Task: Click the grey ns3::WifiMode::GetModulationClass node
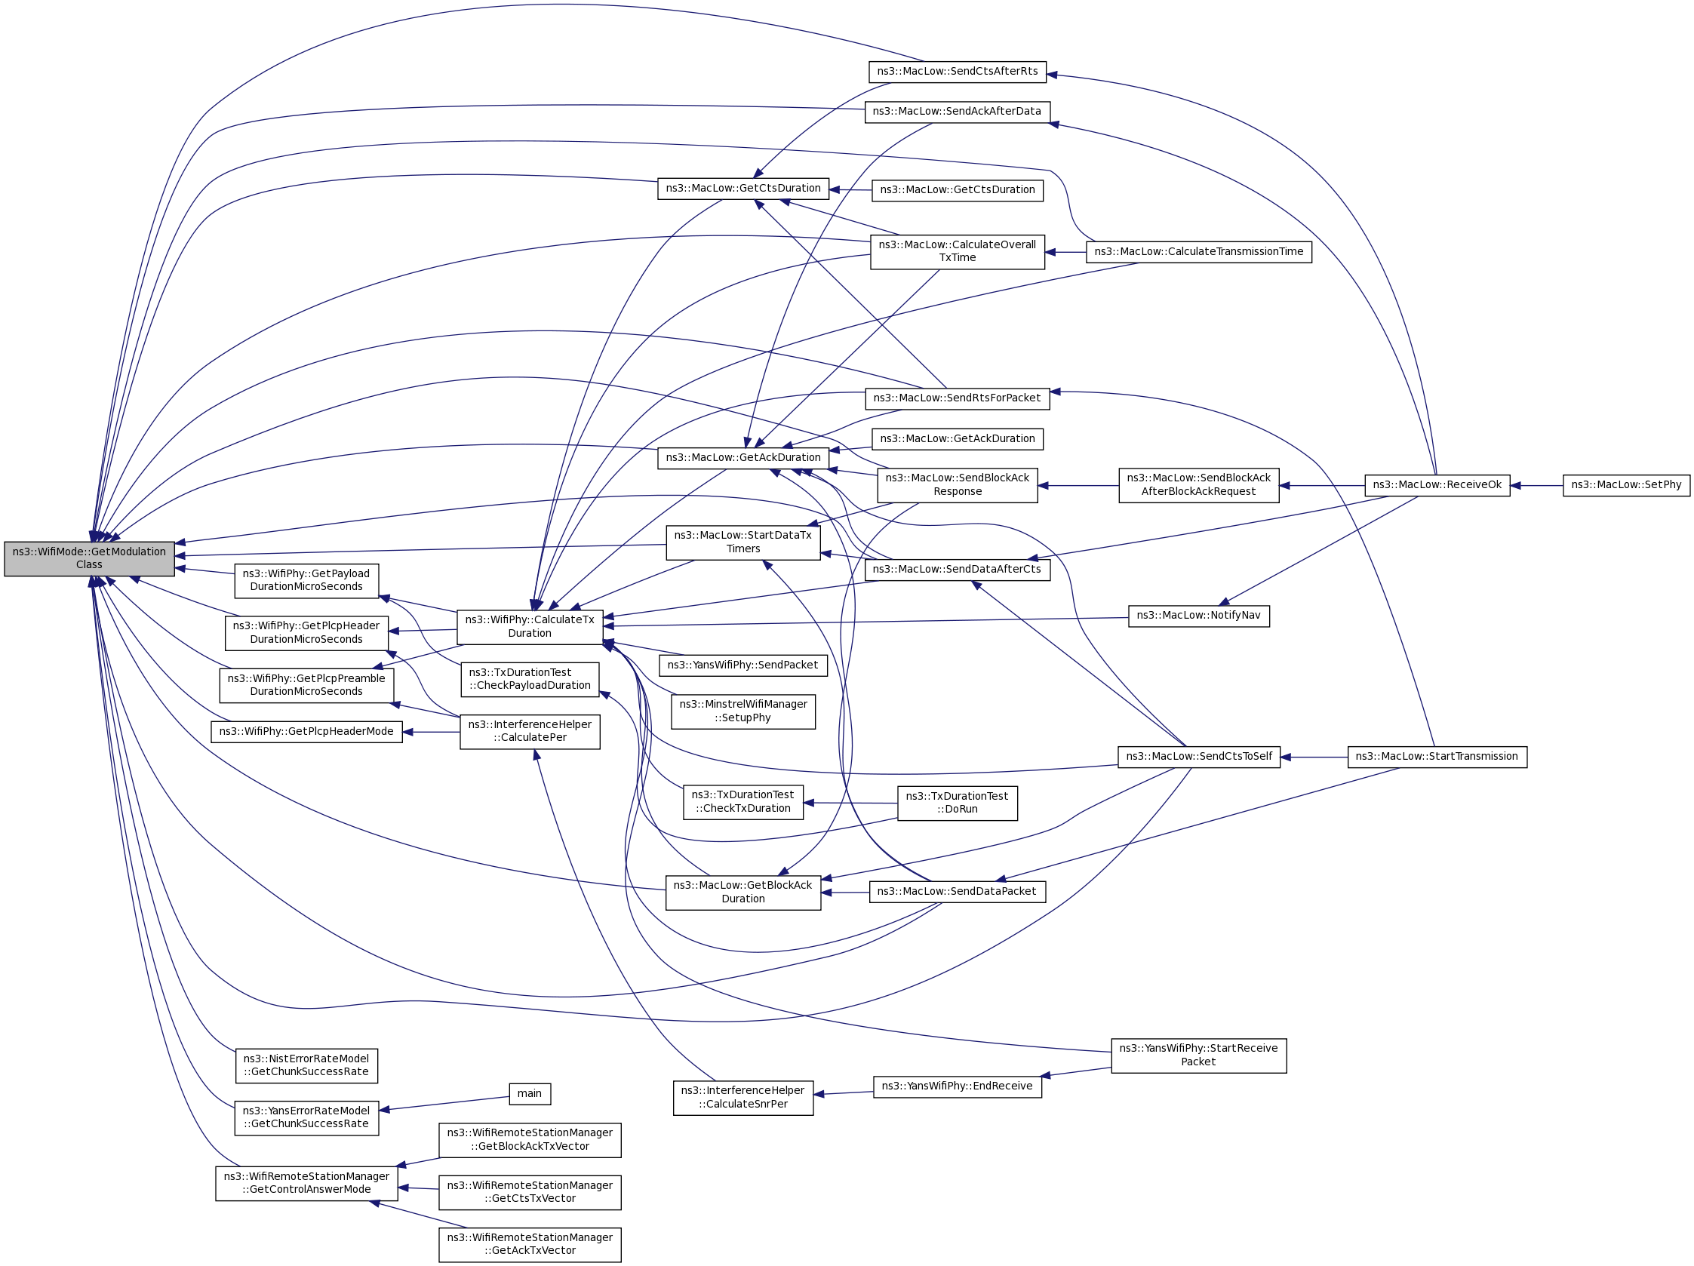tap(89, 558)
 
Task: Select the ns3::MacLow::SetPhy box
tap(1626, 485)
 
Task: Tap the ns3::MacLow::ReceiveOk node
tap(1437, 485)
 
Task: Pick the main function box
tap(529, 1094)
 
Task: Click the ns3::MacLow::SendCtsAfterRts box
tap(958, 72)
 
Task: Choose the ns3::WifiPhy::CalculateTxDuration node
tap(530, 626)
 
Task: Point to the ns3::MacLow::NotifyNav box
tap(1198, 616)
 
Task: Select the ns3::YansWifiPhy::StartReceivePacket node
tap(1198, 1056)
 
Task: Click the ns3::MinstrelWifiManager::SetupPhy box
tap(742, 711)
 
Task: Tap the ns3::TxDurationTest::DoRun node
tap(958, 804)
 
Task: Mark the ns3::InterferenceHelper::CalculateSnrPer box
tap(742, 1098)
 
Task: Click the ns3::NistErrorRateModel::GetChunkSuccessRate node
tap(306, 1065)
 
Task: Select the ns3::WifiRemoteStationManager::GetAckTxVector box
tap(530, 1245)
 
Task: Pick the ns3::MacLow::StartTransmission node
tap(1437, 757)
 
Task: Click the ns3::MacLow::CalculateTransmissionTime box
tap(1198, 252)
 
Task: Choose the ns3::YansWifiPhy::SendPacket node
tap(742, 665)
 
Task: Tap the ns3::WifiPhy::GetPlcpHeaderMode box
tap(306, 731)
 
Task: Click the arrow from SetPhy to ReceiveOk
tap(1536, 485)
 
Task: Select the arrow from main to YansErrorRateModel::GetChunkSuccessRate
tap(444, 1103)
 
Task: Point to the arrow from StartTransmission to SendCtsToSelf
tap(1314, 757)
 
